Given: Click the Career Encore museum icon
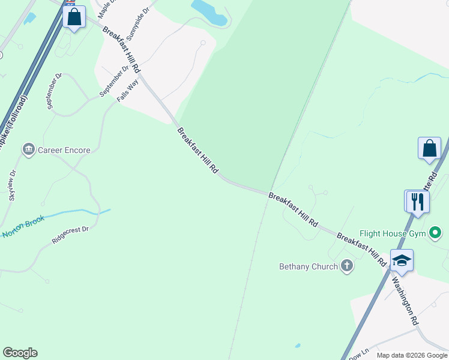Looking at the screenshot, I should [28, 149].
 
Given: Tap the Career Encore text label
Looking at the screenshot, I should [64, 150].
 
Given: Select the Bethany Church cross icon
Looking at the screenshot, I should [346, 266].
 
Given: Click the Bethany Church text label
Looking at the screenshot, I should [309, 266].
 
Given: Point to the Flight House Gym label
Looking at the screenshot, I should [393, 233].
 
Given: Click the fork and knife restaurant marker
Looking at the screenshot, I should [417, 202].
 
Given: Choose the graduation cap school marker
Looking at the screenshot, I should [402, 260].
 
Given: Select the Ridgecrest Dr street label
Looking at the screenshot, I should [70, 234].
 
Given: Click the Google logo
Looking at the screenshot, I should [20, 353].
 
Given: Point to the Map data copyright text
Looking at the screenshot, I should [412, 355].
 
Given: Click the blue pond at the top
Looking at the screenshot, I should [209, 12].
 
